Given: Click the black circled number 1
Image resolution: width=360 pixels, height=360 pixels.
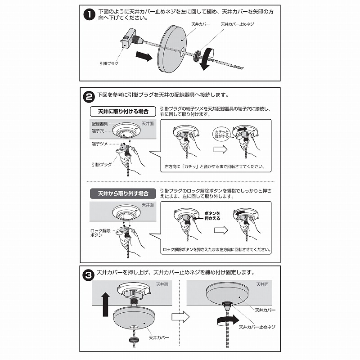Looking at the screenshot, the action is click(89, 15).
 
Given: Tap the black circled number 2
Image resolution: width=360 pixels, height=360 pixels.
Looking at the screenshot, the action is click(89, 97).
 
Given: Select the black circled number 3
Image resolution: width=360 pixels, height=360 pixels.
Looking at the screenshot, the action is click(88, 275).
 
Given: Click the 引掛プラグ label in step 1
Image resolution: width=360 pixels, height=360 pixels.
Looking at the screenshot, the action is click(109, 63).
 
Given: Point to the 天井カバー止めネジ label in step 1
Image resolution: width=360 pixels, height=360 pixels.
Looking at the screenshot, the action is click(238, 24).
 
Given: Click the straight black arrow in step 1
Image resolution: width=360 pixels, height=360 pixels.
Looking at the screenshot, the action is click(144, 56).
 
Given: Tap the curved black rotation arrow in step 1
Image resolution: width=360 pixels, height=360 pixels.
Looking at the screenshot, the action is click(206, 58).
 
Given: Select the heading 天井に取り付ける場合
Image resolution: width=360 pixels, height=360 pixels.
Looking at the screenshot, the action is click(123, 112).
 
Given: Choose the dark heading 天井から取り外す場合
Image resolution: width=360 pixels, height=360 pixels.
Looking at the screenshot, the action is click(123, 193).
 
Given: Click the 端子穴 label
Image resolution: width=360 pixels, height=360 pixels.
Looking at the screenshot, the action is click(98, 131).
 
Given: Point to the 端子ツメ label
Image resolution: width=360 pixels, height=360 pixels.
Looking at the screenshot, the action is click(99, 144).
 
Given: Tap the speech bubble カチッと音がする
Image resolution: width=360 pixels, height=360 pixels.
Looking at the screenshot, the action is click(221, 134).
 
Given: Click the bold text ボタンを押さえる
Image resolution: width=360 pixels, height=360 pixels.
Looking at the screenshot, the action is click(212, 216).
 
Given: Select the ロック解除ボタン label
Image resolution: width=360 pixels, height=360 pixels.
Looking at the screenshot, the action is click(100, 233).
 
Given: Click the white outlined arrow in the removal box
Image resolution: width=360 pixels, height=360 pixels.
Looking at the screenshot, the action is click(221, 230).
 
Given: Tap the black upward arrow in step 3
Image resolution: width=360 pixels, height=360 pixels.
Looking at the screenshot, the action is click(105, 305).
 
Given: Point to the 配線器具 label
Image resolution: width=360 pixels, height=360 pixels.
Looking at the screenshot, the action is click(99, 124).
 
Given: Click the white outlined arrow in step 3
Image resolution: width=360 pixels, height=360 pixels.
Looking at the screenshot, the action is click(181, 317).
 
